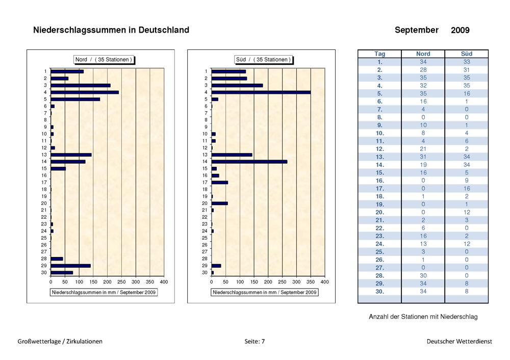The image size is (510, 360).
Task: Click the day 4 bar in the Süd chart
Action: (261, 92)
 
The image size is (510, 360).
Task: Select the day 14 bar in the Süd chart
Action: (249, 162)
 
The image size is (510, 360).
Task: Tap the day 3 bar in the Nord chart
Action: (81, 86)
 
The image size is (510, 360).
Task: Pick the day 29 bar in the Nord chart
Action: (71, 266)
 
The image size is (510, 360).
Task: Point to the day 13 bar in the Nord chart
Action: (71, 155)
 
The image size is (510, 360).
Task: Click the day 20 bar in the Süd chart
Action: (219, 203)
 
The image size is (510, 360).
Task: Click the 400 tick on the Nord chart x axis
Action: (164, 282)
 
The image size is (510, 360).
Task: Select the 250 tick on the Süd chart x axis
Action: (282, 282)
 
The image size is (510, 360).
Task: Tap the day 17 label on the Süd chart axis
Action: (205, 183)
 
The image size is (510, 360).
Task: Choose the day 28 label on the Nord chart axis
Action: (44, 259)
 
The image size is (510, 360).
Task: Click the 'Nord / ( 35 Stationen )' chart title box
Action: (104, 60)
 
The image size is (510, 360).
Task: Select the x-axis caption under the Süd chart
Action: (264, 292)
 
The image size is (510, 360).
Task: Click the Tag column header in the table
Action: (379, 54)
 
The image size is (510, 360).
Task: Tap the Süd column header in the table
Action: (467, 54)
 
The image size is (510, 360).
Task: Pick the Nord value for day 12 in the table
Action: (423, 149)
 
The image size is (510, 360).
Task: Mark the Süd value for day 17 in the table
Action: (467, 189)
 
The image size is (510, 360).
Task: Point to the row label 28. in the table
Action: (379, 276)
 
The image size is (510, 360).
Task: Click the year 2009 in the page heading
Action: (460, 30)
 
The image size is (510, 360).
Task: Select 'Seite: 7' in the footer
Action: (254, 342)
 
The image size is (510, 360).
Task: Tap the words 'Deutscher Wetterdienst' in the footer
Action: (460, 342)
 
